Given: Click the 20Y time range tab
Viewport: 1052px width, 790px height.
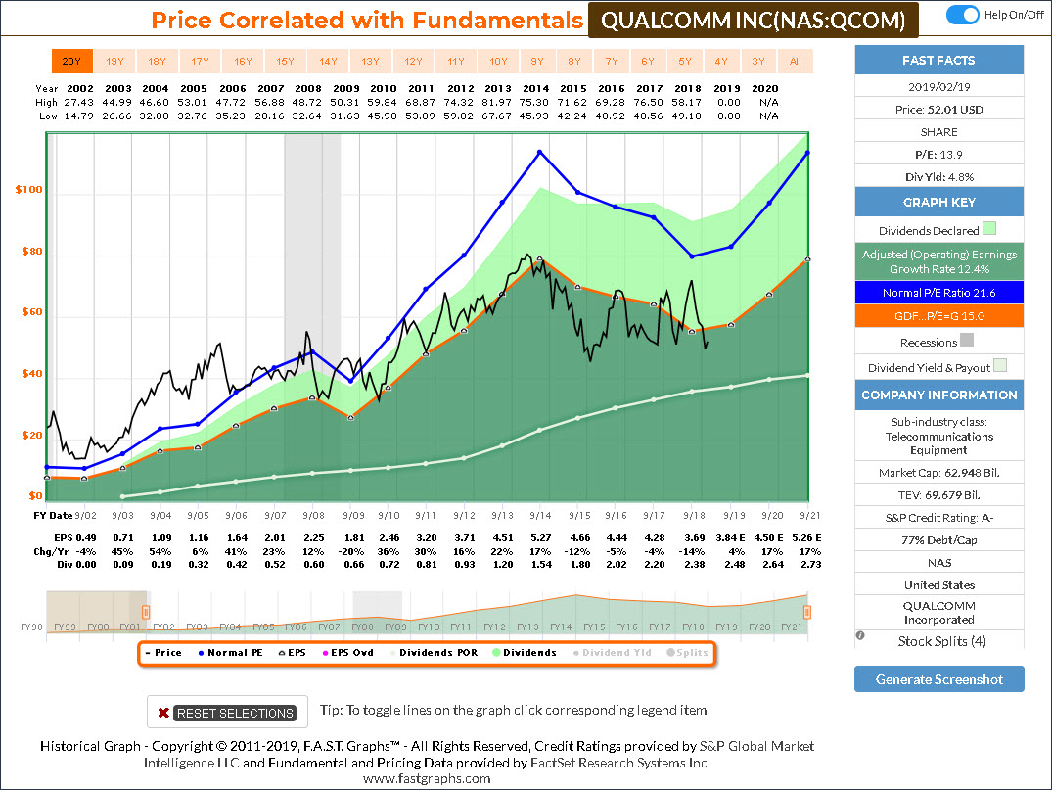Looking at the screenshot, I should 71,62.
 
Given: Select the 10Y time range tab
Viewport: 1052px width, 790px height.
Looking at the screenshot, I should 498,62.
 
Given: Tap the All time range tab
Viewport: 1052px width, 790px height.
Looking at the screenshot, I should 796,62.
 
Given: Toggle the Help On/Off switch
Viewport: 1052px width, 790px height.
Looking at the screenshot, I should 964,15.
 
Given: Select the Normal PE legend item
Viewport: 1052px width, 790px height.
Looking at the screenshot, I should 229,652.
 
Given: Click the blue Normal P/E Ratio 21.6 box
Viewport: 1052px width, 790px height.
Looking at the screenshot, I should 938,293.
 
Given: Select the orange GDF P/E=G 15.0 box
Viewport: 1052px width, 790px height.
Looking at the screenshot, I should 938,316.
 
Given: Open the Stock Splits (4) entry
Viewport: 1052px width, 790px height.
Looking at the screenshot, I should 938,641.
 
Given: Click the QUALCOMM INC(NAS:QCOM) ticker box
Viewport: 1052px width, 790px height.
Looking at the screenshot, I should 753,20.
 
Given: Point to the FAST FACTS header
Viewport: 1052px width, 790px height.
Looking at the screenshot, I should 938,61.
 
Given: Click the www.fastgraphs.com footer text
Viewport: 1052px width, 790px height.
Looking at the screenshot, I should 427,778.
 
